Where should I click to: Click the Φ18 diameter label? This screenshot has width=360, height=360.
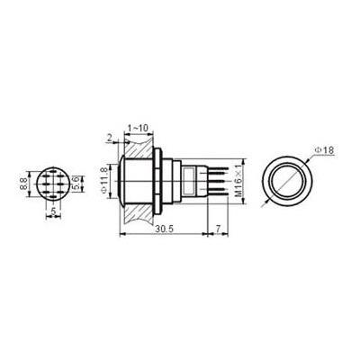pos(324,150)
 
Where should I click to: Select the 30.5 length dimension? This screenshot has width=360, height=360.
pos(165,229)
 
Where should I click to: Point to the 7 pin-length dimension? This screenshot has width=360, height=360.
pos(218,229)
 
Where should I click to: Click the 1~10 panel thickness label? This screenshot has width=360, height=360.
pos(138,129)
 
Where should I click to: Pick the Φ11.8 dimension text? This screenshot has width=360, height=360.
pos(104,182)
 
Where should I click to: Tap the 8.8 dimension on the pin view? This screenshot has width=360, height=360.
pos(24,184)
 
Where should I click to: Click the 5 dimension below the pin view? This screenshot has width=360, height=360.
pos(53,211)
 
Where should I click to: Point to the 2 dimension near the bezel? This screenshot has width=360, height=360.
pos(109,138)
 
